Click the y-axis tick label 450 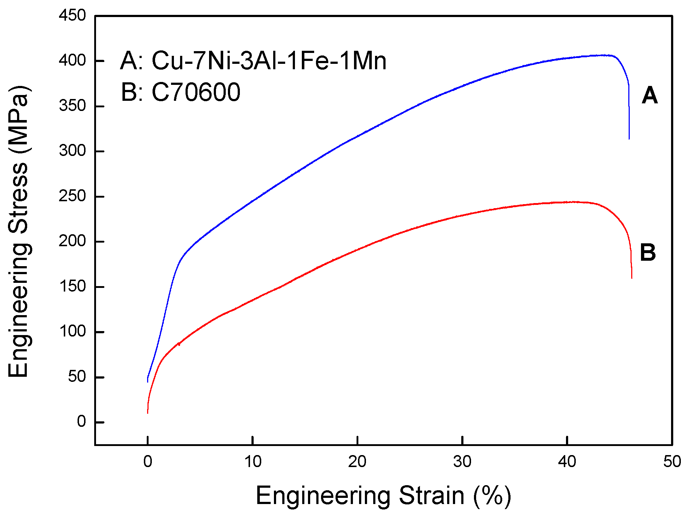(x=72, y=16)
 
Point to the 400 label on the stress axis (x=72, y=61)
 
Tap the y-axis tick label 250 (x=72, y=196)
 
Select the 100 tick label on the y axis (x=72, y=331)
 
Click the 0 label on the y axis (x=81, y=422)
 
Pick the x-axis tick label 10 (x=253, y=462)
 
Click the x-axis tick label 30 (x=462, y=462)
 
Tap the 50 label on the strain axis (x=672, y=462)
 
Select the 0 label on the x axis (x=147, y=462)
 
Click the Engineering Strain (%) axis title (x=383, y=496)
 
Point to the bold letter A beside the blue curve (x=649, y=96)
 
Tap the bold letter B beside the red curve (x=648, y=252)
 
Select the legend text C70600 (x=196, y=92)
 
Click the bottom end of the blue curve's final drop (x=629, y=139)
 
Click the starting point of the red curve (x=147, y=413)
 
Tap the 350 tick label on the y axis (x=72, y=106)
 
